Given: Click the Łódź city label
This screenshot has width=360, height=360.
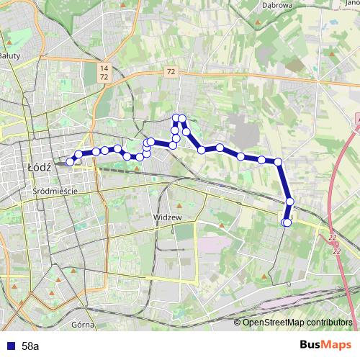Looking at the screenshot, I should [x=37, y=164].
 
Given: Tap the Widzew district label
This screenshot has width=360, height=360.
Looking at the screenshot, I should [x=166, y=216].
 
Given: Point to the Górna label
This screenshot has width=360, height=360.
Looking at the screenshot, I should [x=84, y=325].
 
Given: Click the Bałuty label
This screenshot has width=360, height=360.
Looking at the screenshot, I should [x=9, y=55].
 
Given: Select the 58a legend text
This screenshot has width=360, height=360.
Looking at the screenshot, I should [x=30, y=346].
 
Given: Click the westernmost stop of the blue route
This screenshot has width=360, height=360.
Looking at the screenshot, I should [x=70, y=162].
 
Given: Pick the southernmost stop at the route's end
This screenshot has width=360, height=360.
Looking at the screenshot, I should [x=287, y=222].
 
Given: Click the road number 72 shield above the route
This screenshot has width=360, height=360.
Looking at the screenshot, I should [x=170, y=71].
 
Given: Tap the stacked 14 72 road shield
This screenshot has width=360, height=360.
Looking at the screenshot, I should [x=104, y=71].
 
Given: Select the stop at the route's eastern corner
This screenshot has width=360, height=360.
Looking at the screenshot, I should [x=278, y=162].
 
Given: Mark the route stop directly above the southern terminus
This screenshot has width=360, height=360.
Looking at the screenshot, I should [x=289, y=202].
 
